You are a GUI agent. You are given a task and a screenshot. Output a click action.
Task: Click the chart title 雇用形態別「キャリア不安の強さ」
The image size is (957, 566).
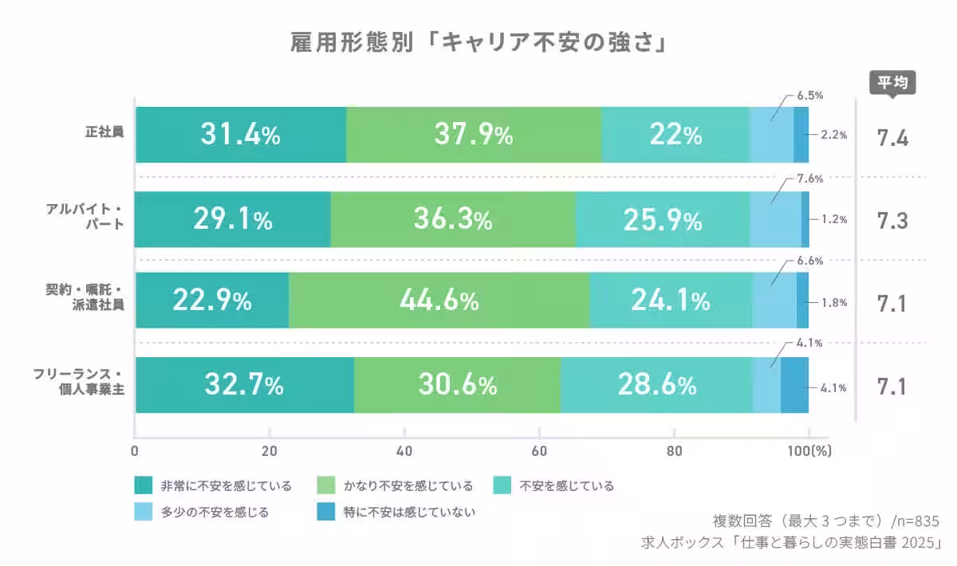pyautogui.click(x=478, y=41)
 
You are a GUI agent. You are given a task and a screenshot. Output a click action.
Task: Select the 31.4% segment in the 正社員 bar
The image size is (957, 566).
pyautogui.click(x=241, y=136)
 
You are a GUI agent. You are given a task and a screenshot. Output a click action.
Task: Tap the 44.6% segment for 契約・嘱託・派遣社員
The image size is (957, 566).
pyautogui.click(x=439, y=301)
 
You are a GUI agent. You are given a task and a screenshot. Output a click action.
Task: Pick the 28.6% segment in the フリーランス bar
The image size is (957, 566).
pyautogui.click(x=656, y=385)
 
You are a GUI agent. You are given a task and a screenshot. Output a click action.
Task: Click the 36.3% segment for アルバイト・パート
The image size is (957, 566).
pyautogui.click(x=452, y=219)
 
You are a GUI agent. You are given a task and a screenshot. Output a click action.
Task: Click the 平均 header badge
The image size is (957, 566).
pyautogui.click(x=892, y=82)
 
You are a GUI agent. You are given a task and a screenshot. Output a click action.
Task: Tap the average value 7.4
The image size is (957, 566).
pyautogui.click(x=892, y=138)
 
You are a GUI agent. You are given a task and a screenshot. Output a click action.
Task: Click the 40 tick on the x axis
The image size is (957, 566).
pyautogui.click(x=404, y=450)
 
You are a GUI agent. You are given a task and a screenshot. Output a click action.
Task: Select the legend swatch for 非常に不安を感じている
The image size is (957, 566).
pyautogui.click(x=143, y=485)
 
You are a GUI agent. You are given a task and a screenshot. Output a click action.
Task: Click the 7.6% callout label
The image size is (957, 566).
pyautogui.click(x=809, y=178)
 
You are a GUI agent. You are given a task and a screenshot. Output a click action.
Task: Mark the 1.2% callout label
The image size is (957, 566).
pyautogui.click(x=833, y=219)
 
